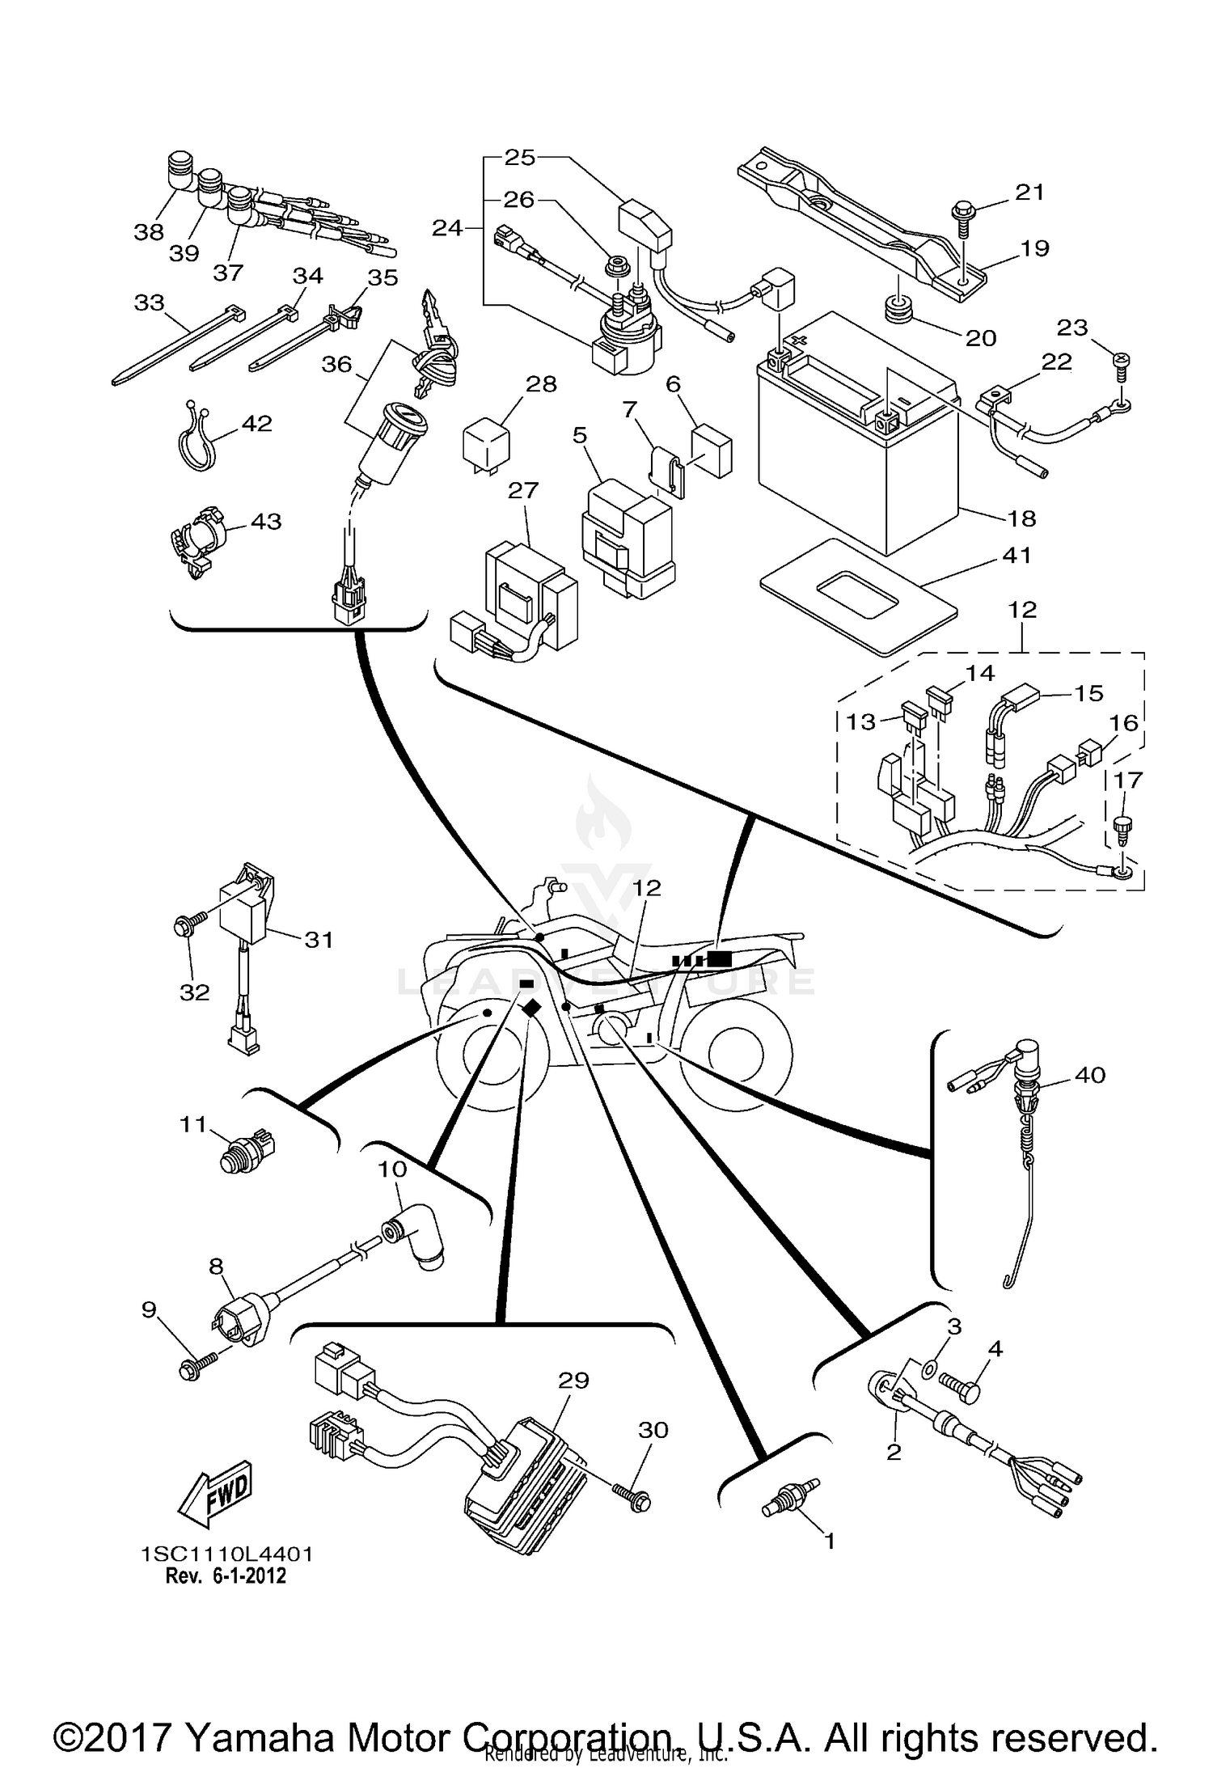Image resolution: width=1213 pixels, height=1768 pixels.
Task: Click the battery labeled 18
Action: click(x=857, y=453)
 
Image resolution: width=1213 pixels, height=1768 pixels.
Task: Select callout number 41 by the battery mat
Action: click(x=1016, y=556)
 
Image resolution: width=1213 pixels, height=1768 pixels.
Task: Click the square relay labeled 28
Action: click(x=486, y=446)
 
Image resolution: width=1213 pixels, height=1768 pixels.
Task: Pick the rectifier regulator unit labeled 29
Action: click(x=526, y=1480)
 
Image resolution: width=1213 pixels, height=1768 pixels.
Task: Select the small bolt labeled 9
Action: click(x=193, y=1368)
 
